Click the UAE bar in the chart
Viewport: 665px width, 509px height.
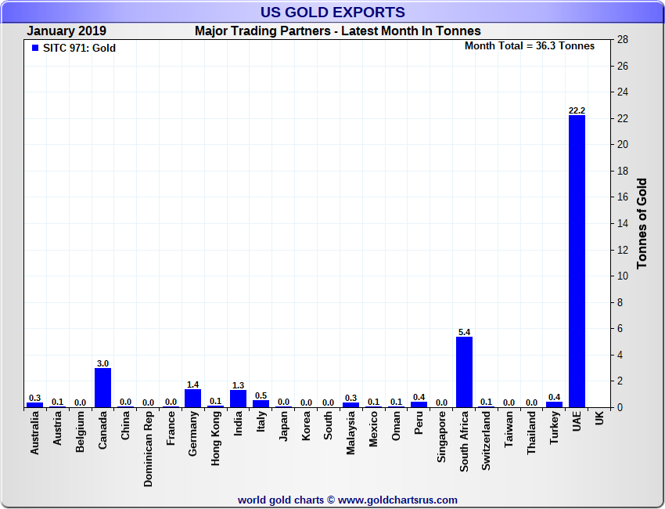pyautogui.click(x=577, y=261)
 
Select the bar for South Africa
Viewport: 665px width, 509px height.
pyautogui.click(x=464, y=372)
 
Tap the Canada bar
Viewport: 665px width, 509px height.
pyautogui.click(x=102, y=388)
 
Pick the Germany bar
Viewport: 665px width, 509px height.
pyautogui.click(x=193, y=398)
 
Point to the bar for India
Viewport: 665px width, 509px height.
pyautogui.click(x=239, y=399)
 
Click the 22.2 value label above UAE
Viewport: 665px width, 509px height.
pyautogui.click(x=577, y=110)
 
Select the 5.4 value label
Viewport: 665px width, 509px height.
pyautogui.click(x=464, y=332)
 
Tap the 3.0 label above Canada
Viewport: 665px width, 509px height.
pyautogui.click(x=102, y=363)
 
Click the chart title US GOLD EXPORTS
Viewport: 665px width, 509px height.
pyautogui.click(x=332, y=12)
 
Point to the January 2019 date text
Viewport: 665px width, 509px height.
pyautogui.click(x=67, y=31)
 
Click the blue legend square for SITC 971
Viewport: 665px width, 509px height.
pyautogui.click(x=34, y=48)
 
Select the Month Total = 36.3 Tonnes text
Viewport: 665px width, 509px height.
pyautogui.click(x=530, y=46)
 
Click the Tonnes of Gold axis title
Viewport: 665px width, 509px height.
pyautogui.click(x=642, y=224)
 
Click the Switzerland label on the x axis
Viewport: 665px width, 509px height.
pyautogui.click(x=487, y=441)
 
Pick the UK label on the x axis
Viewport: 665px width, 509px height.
pyautogui.click(x=599, y=419)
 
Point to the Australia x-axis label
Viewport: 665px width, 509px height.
pyautogui.click(x=34, y=434)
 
